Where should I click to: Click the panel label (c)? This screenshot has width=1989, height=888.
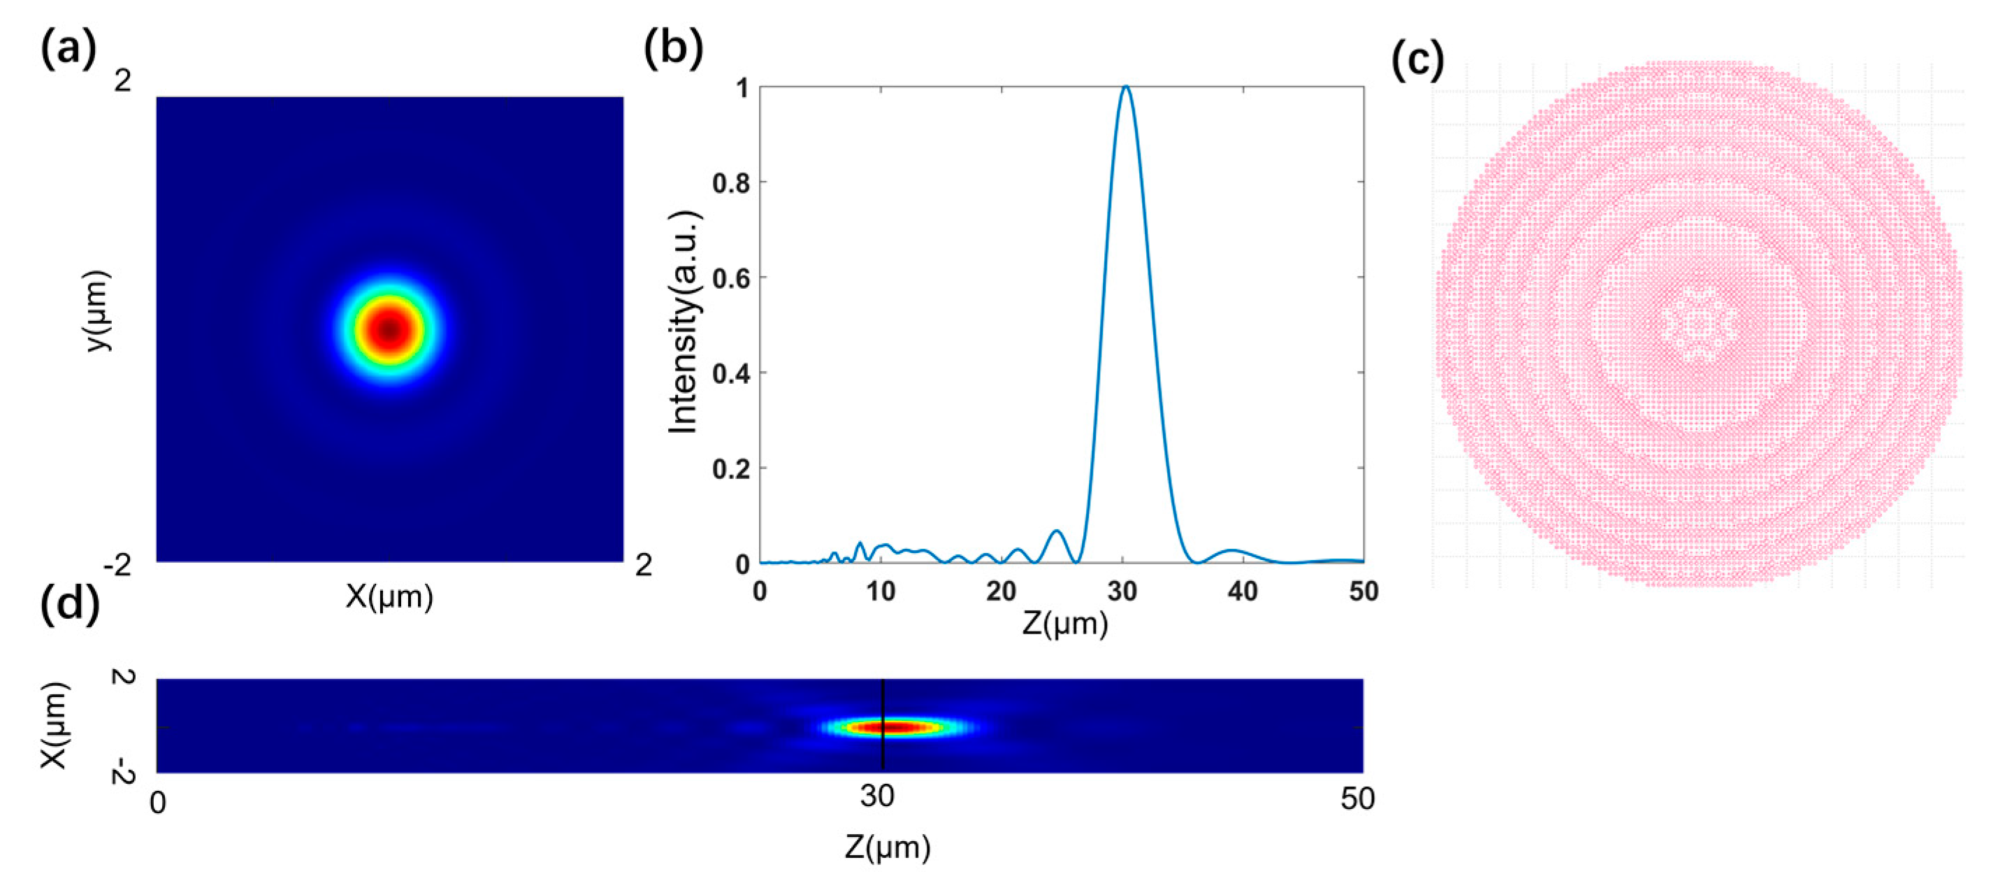point(1417,61)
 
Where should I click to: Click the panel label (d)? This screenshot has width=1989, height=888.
point(69,603)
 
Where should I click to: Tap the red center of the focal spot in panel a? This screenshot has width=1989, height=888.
point(389,330)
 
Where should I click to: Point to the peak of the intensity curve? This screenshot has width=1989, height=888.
point(1126,87)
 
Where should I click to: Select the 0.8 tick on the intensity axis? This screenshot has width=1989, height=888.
point(730,183)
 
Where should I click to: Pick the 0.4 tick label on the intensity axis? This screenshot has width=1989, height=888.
point(730,374)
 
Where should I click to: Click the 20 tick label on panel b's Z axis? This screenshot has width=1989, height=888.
point(1001,592)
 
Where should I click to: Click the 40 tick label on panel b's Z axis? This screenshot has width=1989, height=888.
point(1243,592)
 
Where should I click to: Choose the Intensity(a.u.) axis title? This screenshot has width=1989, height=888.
point(684,322)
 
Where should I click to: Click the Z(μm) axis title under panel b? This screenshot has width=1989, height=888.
point(1065,623)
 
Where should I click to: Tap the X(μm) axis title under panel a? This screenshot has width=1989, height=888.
point(389,597)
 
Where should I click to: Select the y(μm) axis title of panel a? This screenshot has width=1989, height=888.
point(99,311)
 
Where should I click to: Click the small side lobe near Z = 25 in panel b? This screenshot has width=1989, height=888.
point(1057,533)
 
